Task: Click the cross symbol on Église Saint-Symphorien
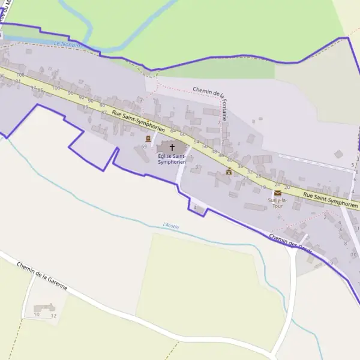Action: pos(172,147)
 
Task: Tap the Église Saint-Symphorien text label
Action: pos(172,159)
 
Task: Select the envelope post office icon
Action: pos(277,193)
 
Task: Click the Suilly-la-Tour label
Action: pos(277,203)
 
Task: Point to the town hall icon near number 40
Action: pos(229,171)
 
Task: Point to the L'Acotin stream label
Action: pos(172,226)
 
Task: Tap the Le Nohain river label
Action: pos(66,44)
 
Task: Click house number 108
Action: pos(20,75)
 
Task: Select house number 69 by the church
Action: pos(144,146)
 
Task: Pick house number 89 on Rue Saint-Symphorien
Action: pos(86,107)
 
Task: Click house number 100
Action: pos(56,88)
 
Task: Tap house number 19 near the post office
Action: pos(263,188)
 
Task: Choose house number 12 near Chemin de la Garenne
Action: pos(53,315)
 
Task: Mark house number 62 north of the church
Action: pos(173,130)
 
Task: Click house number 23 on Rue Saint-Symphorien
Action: pos(245,178)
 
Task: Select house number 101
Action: pos(17,80)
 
